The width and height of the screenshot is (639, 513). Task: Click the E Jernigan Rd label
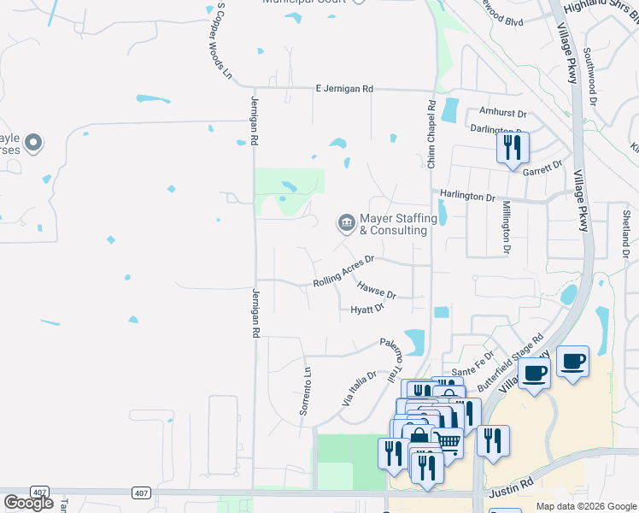344,88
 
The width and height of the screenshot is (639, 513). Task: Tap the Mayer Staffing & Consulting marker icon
346,223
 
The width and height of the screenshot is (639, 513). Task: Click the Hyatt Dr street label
367,310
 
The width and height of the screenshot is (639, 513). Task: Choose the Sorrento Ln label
306,392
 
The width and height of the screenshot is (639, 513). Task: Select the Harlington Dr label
466,196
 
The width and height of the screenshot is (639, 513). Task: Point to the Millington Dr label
506,226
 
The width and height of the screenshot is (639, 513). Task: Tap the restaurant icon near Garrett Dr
513,147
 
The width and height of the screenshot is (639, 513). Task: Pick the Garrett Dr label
542,168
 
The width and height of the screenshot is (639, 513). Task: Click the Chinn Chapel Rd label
432,133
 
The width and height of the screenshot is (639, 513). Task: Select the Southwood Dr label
589,76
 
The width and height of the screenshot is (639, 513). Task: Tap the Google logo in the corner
28,502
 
